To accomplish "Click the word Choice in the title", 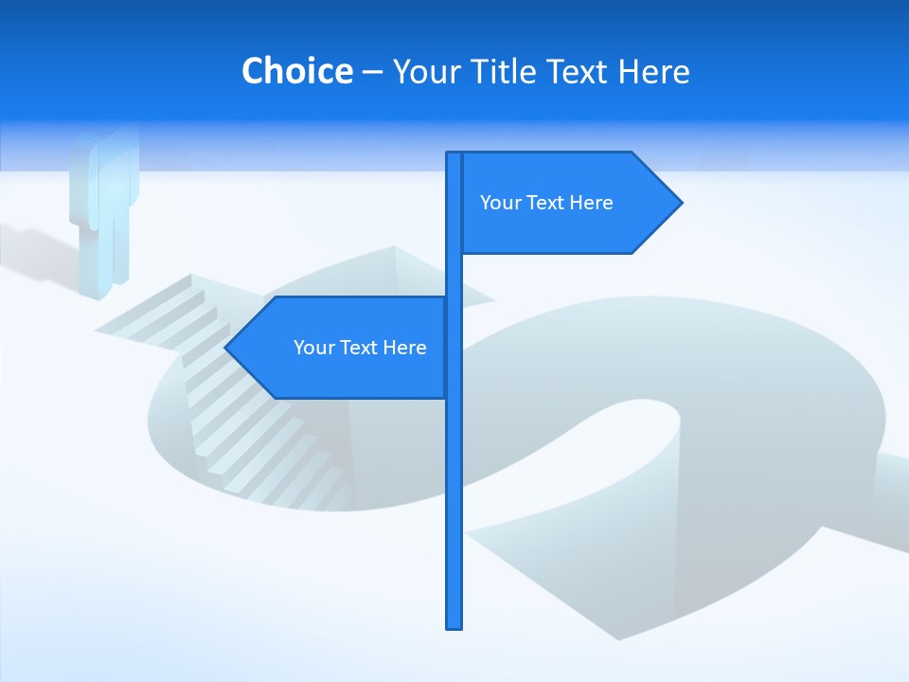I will (296, 71).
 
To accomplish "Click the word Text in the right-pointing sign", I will (546, 203).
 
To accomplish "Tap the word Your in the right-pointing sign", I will (501, 203).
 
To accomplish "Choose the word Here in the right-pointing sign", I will (591, 203).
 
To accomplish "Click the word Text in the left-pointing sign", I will (360, 348).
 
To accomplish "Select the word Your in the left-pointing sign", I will (314, 348).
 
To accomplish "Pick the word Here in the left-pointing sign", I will (404, 348).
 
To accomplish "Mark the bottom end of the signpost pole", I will (454, 625).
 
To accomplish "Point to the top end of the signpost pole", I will (454, 155).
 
